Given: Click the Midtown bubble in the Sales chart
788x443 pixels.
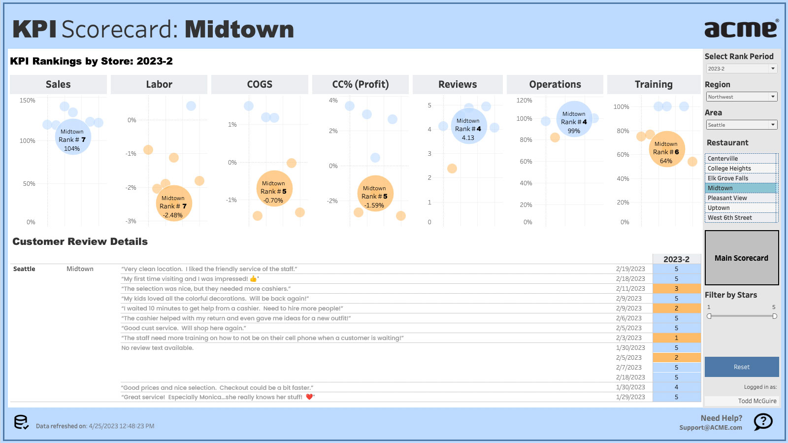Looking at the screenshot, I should tap(72, 137).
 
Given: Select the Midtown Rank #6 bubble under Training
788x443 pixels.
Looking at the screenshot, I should tap(666, 149).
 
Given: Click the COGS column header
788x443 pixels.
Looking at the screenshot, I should tap(260, 84).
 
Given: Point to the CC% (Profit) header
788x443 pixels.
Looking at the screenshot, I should tap(360, 84).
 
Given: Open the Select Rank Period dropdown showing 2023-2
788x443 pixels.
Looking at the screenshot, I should tap(741, 68).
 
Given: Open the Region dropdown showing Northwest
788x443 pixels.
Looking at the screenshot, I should tap(741, 97).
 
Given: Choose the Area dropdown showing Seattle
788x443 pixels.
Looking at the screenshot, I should tap(741, 125).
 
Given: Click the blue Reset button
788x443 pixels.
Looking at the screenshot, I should tap(741, 367).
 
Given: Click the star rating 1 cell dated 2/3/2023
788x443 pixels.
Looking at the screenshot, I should tap(676, 338).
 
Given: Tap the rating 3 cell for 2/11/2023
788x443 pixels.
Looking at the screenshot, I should tap(676, 289).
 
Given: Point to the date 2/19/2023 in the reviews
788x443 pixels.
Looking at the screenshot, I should tap(630, 269).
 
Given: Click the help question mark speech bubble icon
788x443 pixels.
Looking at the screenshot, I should tap(763, 421).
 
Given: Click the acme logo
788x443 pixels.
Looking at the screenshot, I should tap(741, 29).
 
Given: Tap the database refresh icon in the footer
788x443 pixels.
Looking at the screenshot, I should tap(21, 422).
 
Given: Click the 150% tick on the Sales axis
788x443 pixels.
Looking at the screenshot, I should tap(28, 101).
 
